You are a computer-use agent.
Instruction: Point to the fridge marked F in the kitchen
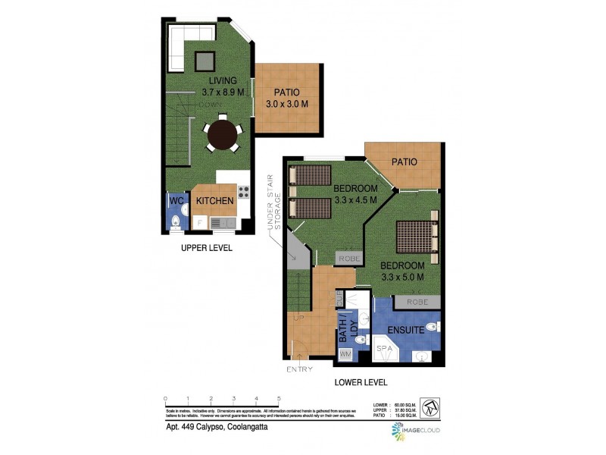pyautogui.click(x=200, y=222)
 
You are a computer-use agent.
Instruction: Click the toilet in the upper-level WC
pyautogui.click(x=176, y=221)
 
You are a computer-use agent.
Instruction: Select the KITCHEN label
pyautogui.click(x=215, y=202)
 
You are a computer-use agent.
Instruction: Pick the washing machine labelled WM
pyautogui.click(x=345, y=354)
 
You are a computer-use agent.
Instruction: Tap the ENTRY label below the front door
pyautogui.click(x=299, y=369)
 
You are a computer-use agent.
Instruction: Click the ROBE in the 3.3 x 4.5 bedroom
pyautogui.click(x=349, y=259)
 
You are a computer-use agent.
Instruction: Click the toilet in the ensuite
pyautogui.click(x=431, y=327)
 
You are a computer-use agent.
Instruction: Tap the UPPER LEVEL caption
pyautogui.click(x=206, y=248)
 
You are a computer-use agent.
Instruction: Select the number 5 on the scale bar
pyautogui.click(x=280, y=398)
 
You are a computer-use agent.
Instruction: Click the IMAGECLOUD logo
pyautogui.click(x=416, y=430)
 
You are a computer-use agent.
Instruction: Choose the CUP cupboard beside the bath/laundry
pyautogui.click(x=339, y=298)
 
